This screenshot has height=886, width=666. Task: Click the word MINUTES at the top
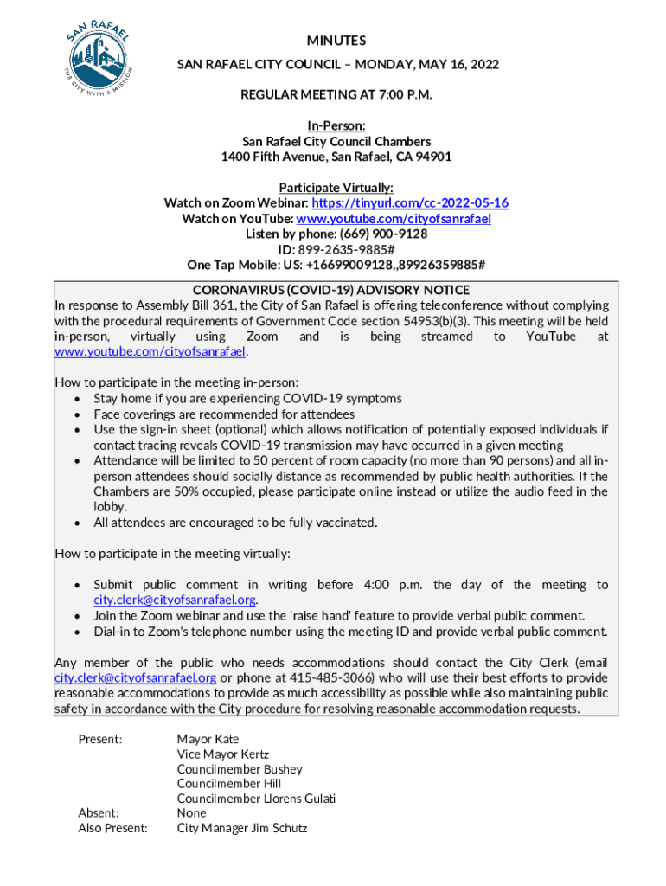(x=336, y=41)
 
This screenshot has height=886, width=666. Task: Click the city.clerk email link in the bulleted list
(x=176, y=600)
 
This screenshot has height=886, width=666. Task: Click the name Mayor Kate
(x=208, y=740)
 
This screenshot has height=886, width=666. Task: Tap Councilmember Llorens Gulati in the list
(x=256, y=799)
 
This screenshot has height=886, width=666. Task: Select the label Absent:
(x=99, y=813)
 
